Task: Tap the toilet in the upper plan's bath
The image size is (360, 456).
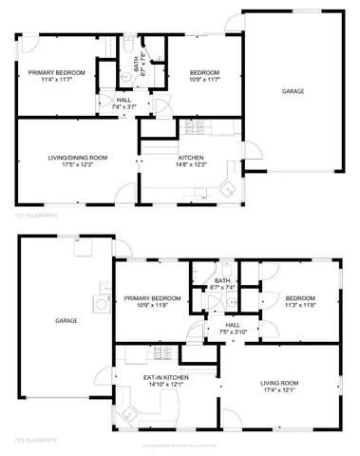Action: pyautogui.click(x=127, y=46)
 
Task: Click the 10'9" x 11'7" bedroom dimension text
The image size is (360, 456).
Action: pyautogui.click(x=204, y=81)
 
